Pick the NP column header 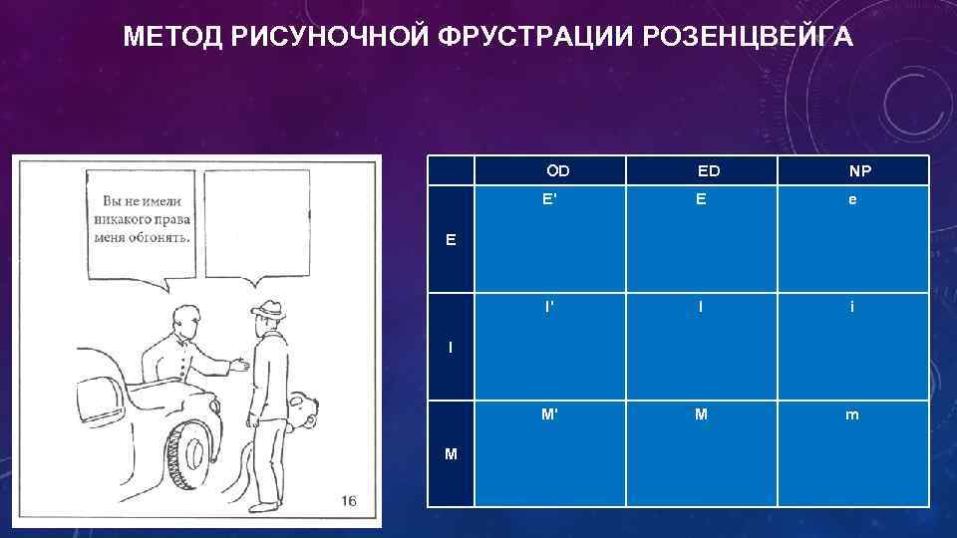click(x=859, y=171)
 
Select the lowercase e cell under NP click(x=852, y=199)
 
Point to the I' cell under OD click(x=550, y=307)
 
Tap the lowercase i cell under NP click(x=852, y=307)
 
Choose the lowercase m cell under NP click(x=852, y=414)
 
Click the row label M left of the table click(x=452, y=454)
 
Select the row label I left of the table click(x=451, y=347)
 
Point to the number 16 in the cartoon click(x=348, y=500)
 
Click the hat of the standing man click(x=266, y=310)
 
